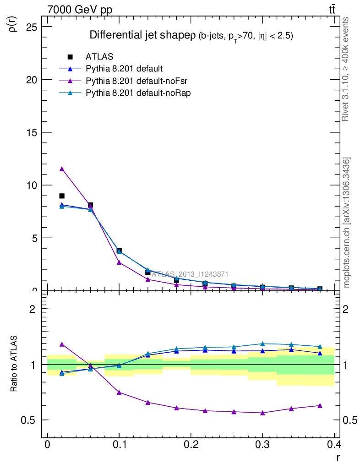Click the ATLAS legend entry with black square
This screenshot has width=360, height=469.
pos(99,57)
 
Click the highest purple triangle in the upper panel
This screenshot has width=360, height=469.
pos(62,169)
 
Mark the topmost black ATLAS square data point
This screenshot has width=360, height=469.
pos(62,196)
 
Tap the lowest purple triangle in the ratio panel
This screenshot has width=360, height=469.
pos(262,413)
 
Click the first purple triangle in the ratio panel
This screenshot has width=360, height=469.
pos(62,344)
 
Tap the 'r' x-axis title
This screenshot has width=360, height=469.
pos(338,457)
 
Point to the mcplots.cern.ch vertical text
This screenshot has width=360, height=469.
pos(347,223)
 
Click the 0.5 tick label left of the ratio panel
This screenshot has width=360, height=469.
pos(29,420)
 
